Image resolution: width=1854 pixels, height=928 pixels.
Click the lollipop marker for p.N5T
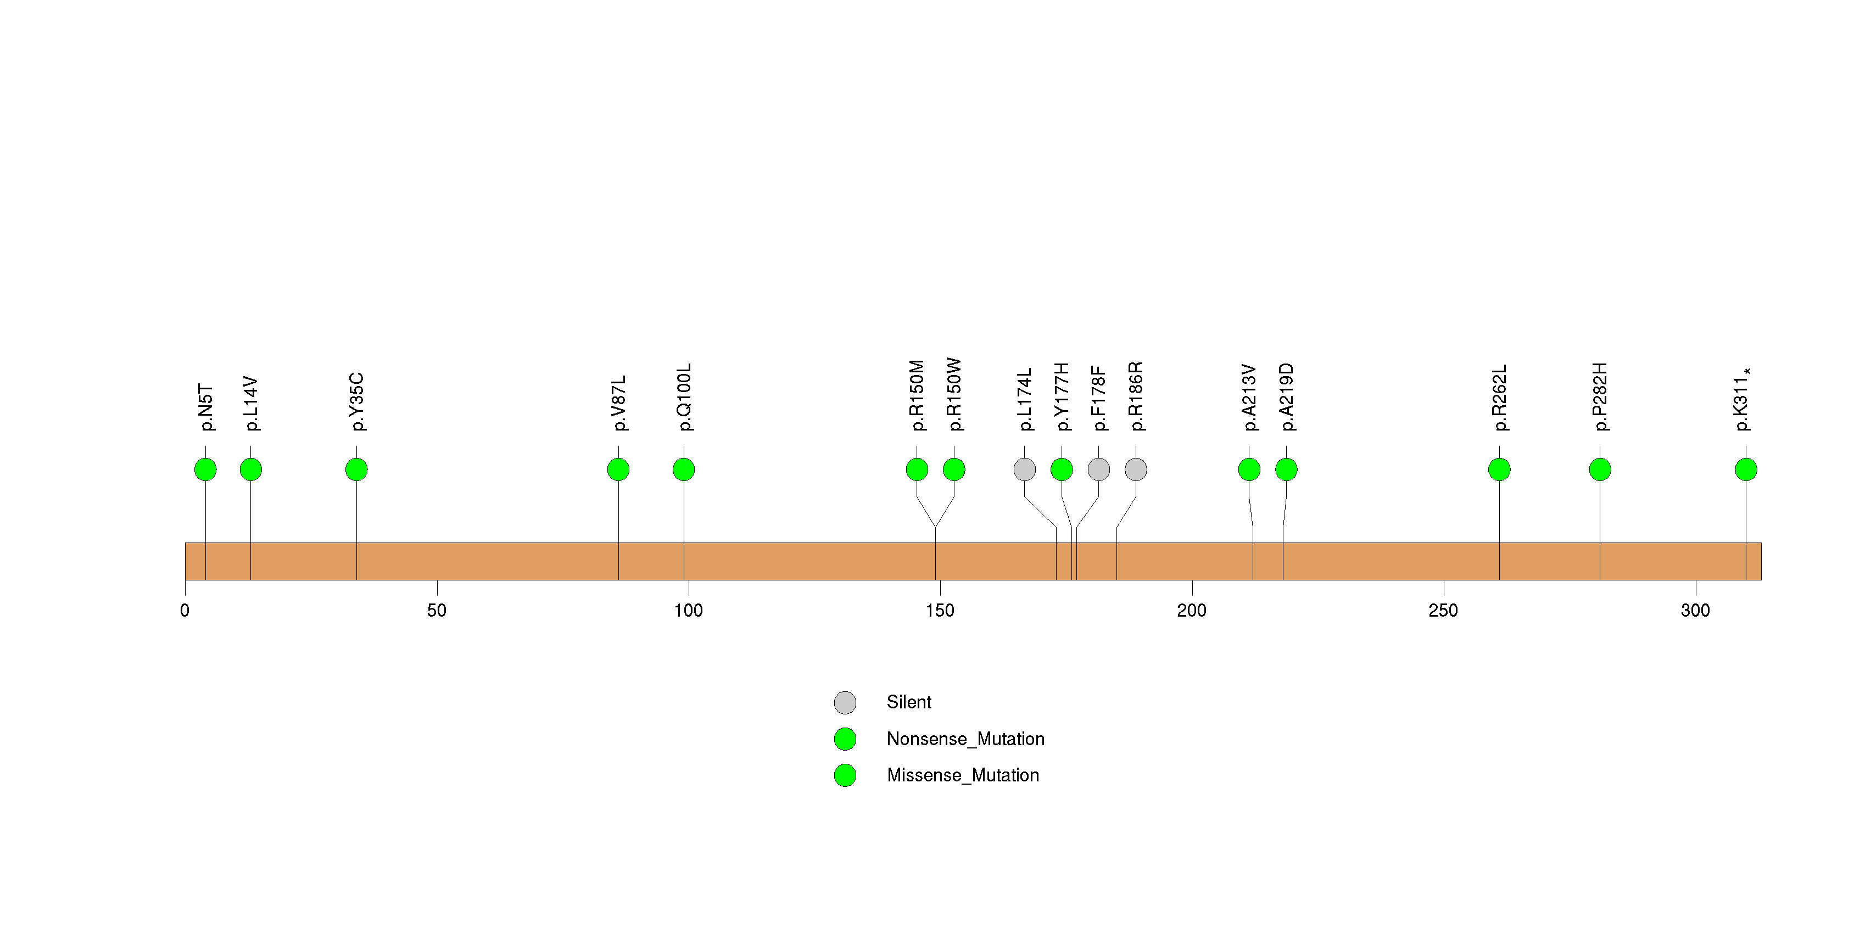(205, 469)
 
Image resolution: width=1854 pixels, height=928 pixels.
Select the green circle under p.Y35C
(356, 469)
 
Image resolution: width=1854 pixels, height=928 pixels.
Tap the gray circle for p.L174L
(1024, 469)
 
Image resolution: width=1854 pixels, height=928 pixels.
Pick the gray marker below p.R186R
(1136, 469)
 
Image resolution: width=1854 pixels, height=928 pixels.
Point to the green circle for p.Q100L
(684, 469)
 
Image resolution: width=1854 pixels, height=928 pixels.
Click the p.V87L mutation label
(619, 403)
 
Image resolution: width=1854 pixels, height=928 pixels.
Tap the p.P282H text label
(1600, 397)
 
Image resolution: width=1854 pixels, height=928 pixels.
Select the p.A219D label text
(1287, 397)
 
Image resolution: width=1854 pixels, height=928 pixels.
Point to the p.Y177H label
(1062, 397)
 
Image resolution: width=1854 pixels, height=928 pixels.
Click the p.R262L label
(1499, 398)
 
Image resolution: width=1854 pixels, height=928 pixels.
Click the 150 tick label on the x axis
(940, 611)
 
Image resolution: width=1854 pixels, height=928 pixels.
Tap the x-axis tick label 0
(185, 611)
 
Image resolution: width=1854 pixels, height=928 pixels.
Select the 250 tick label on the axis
(1443, 611)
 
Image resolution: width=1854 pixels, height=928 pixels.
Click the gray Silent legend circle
(845, 703)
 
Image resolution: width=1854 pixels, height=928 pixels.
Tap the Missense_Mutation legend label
(963, 775)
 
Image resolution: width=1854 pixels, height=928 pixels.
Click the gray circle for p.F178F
(1098, 469)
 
